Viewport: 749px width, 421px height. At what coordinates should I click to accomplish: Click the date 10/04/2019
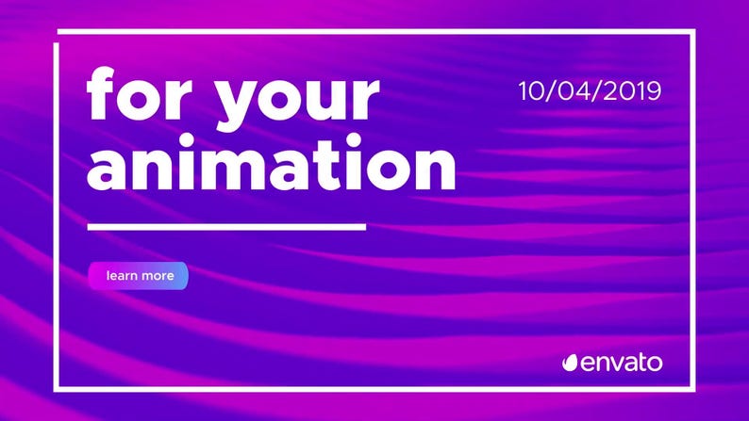coord(590,91)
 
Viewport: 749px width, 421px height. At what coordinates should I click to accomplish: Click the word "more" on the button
coord(156,276)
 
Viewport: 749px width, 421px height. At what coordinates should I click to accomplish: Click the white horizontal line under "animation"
coord(226,226)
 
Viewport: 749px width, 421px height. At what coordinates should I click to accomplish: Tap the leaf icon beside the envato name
coord(570,363)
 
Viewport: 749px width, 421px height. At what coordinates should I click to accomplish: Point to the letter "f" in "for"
coord(102,94)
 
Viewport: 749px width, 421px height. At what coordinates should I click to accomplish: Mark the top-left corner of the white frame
coord(59,33)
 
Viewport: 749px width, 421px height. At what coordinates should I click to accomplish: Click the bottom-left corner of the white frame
coord(59,386)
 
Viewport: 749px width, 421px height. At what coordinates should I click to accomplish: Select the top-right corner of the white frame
coord(693,33)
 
